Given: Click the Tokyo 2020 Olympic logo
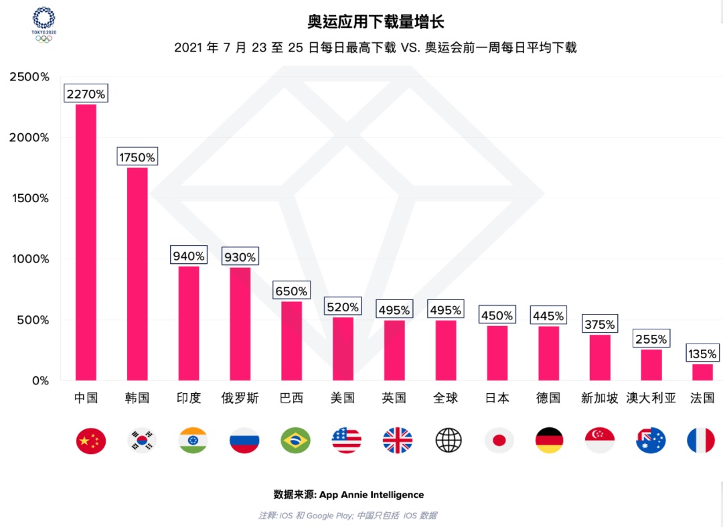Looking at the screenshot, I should (44, 24).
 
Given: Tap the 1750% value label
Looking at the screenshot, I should (137, 157).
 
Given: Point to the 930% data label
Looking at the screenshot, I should (240, 256).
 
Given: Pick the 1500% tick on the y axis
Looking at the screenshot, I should (29, 198).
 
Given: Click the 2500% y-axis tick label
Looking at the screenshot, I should (29, 77).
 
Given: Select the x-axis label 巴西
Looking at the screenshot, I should (291, 398).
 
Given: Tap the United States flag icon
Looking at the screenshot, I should (346, 440).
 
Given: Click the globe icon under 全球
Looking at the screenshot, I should (449, 440).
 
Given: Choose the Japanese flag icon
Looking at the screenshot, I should (499, 440).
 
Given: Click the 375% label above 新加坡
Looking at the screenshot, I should (599, 325).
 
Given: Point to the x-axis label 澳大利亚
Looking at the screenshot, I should (651, 398).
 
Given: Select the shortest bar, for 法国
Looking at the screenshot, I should (702, 372).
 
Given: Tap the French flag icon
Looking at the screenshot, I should (701, 440).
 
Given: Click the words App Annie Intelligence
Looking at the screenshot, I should (372, 495).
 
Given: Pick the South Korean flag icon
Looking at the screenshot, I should (142, 440).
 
